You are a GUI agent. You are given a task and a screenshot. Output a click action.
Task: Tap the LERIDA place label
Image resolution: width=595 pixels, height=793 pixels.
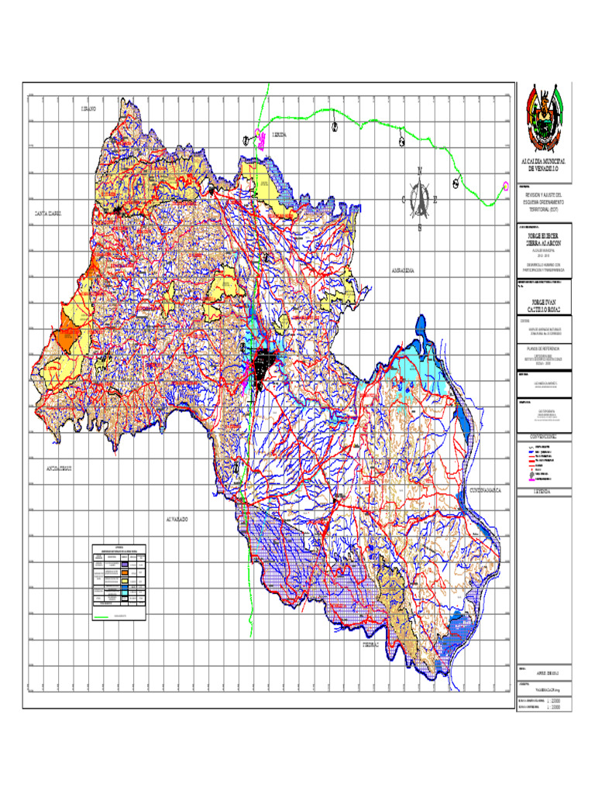pyautogui.click(x=279, y=135)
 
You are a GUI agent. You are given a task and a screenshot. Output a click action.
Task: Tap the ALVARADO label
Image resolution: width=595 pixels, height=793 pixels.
pyautogui.click(x=176, y=519)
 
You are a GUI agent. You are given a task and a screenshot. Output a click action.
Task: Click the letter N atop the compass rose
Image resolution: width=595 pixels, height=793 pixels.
pyautogui.click(x=420, y=170)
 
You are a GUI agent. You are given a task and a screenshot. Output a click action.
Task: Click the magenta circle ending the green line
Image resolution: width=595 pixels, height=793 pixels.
pyautogui.click(x=505, y=185)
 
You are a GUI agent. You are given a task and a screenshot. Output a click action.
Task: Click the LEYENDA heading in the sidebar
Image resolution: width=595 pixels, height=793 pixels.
pyautogui.click(x=545, y=491)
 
